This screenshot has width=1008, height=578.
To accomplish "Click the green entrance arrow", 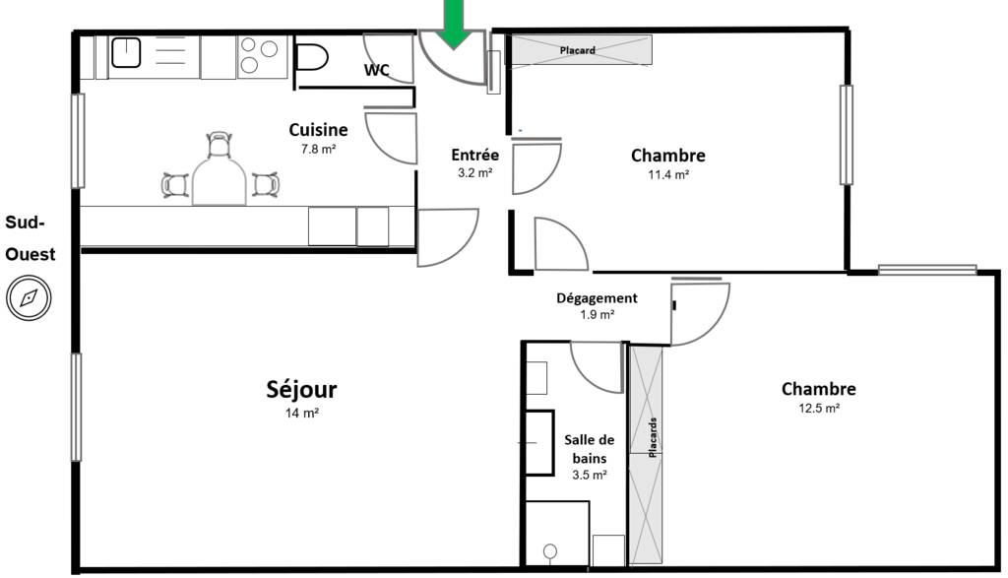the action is pyautogui.click(x=455, y=24).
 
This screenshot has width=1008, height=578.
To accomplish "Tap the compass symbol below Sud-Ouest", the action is pyautogui.click(x=29, y=297).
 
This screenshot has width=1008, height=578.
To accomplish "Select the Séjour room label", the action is pyautogui.click(x=301, y=390).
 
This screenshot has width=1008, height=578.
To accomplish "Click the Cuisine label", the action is pyautogui.click(x=318, y=130).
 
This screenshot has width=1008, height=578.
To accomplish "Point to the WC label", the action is pyautogui.click(x=377, y=70).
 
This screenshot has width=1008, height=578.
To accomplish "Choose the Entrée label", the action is pyautogui.click(x=475, y=155).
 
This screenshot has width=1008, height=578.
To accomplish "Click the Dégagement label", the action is pyautogui.click(x=597, y=298).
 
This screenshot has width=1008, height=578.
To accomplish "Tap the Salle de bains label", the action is pyautogui.click(x=590, y=449).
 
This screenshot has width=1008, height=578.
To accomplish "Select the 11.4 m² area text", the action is pyautogui.click(x=668, y=174).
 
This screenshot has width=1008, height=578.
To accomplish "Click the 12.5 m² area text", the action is pyautogui.click(x=819, y=409).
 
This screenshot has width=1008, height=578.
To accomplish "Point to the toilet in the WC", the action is pyautogui.click(x=312, y=57).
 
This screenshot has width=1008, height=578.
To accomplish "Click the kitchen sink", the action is pyautogui.click(x=126, y=52).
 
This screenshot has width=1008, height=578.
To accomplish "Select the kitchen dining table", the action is pyautogui.click(x=220, y=180).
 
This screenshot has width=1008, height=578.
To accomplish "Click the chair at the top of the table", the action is pyautogui.click(x=220, y=145).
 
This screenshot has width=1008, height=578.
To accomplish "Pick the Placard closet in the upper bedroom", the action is pyautogui.click(x=579, y=50).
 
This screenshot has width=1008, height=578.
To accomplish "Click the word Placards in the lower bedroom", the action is pyautogui.click(x=654, y=437).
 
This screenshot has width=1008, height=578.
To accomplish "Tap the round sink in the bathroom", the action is pyautogui.click(x=550, y=551).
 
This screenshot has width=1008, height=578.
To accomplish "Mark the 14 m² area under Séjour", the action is pyautogui.click(x=302, y=413).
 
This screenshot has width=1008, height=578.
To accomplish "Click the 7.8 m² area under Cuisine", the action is pyautogui.click(x=319, y=149).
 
